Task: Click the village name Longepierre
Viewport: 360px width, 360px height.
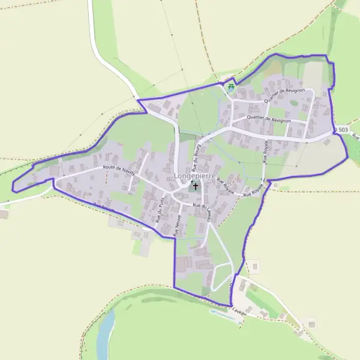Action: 194,176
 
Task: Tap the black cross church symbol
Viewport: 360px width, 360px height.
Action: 195,187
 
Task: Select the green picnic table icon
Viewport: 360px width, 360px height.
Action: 231,88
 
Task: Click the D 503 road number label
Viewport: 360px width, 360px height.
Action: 343,130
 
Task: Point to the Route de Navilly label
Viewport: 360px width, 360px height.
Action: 119,170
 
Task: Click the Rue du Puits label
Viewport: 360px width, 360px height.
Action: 160,211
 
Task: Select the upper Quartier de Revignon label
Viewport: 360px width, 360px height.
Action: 284,99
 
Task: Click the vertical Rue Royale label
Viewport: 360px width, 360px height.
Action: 265,153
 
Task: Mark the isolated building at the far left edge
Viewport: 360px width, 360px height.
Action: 4,214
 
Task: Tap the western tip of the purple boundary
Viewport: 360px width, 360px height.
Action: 13,190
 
